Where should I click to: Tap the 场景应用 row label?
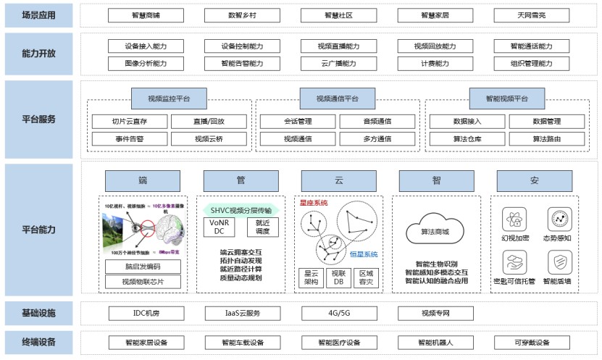[38, 15]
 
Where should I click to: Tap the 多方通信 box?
[377, 138]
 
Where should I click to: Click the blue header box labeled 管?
[231, 180]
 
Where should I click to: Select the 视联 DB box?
[338, 277]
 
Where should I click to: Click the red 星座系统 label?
[314, 203]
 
